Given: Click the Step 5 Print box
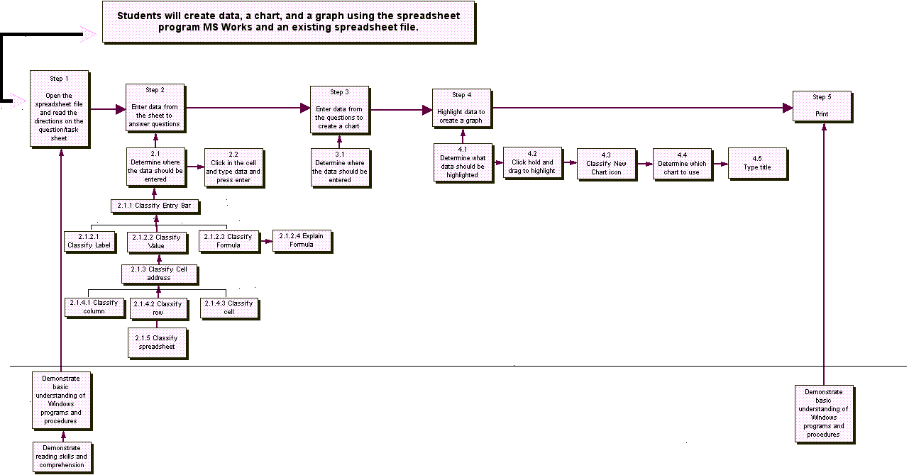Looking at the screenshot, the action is point(822,106).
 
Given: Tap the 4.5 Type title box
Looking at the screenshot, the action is point(758,164).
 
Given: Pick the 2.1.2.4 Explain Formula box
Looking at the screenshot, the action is point(302,242).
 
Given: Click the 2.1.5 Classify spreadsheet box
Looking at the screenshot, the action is point(158,343).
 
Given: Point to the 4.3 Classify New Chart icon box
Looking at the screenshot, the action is point(607,164).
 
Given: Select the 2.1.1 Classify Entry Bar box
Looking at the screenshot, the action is point(155,206).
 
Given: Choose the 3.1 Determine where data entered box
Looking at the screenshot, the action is point(341,168).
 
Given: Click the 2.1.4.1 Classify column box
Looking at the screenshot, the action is point(95,308).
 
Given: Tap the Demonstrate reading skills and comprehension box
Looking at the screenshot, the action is point(63,457).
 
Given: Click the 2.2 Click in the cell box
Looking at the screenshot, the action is point(235,168).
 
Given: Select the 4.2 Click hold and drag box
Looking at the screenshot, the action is point(533,163).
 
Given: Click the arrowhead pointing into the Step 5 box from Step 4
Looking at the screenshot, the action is point(788,108).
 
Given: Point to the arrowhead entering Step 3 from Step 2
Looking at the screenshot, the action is point(306,108).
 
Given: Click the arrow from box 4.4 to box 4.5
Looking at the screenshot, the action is point(721,164).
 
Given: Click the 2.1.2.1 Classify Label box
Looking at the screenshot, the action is point(90,242).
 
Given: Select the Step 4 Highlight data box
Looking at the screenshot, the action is point(463,108).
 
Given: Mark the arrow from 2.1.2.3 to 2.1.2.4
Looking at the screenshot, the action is point(267,241).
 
